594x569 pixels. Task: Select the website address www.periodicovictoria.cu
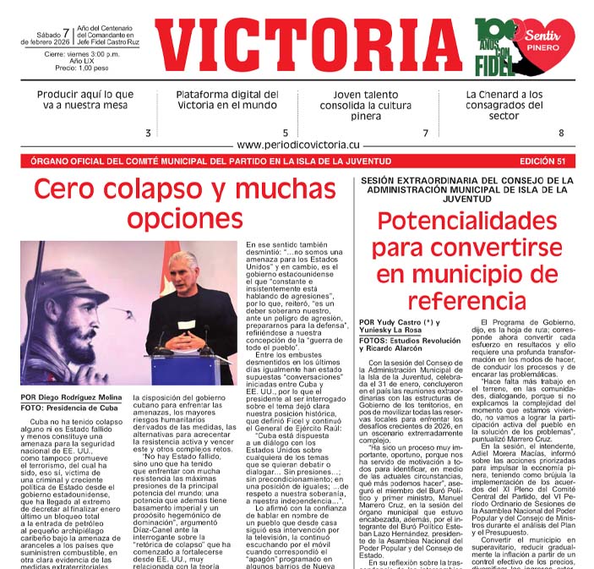coord(297,145)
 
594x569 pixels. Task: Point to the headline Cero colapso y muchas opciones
coord(185,203)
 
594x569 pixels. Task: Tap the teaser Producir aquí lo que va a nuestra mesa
coord(82,100)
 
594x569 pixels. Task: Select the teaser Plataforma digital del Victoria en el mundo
coord(226,100)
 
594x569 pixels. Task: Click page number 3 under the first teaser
coord(148,133)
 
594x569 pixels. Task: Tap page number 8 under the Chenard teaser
coord(560,133)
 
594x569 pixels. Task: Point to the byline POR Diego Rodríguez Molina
coord(72,397)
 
